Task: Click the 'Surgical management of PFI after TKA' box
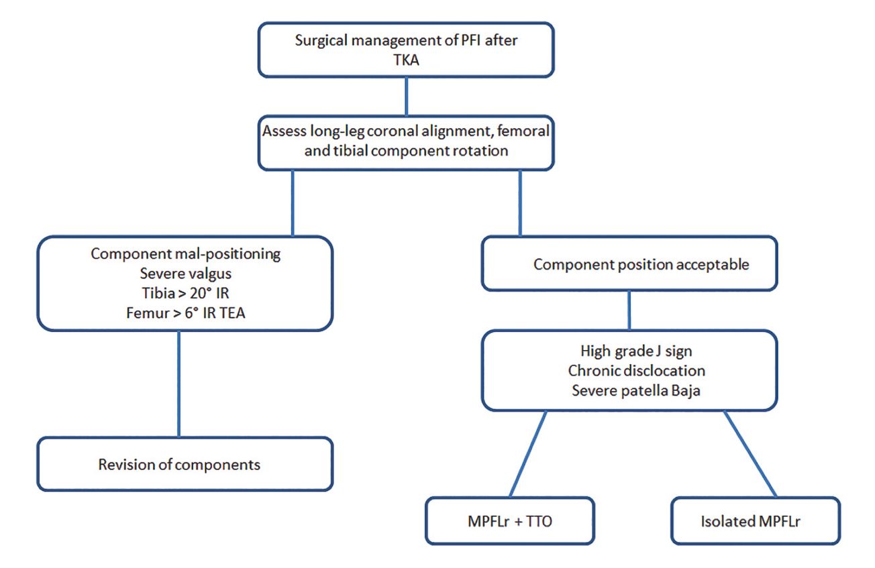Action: click(406, 48)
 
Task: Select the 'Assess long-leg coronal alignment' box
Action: click(406, 140)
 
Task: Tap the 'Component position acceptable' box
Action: click(629, 264)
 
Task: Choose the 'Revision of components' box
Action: click(185, 464)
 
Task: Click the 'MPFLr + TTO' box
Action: click(509, 520)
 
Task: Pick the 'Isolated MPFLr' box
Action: click(755, 520)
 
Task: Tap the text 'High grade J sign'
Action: click(629, 351)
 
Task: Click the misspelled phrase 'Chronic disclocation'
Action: click(629, 370)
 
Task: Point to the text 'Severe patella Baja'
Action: click(629, 390)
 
